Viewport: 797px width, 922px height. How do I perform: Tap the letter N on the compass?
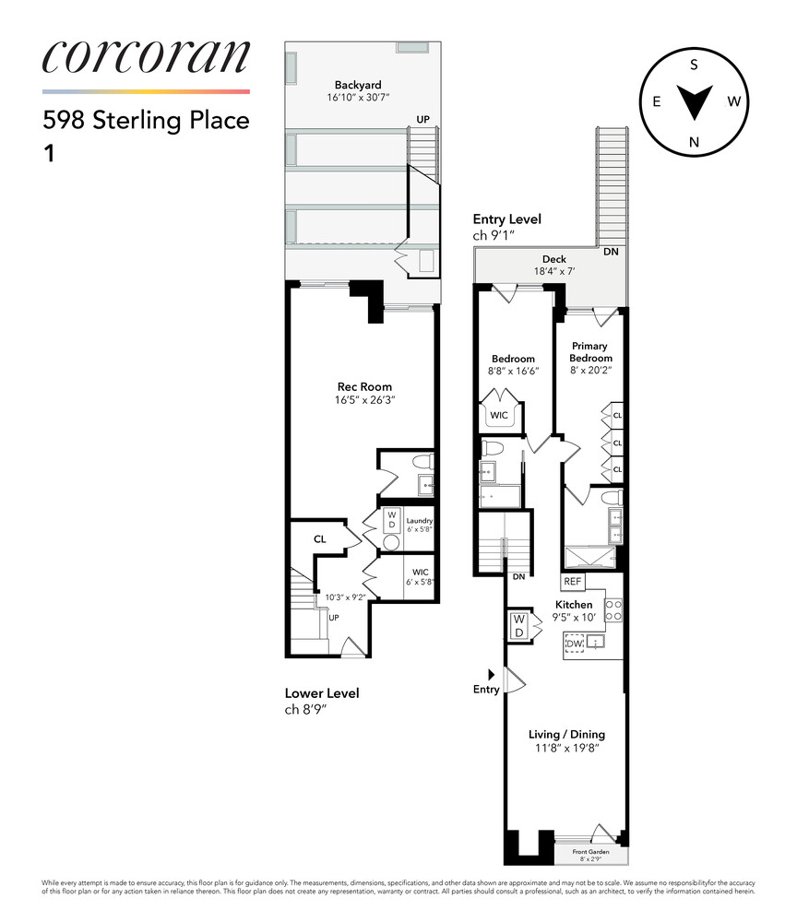coord(694,141)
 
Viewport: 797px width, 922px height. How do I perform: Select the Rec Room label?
coord(363,386)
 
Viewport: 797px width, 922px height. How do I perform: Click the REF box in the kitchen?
coord(573,583)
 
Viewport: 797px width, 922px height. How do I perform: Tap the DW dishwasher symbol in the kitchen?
coord(577,643)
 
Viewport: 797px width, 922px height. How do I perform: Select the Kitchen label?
coord(573,605)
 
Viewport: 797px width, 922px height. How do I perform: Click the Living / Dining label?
coord(566,734)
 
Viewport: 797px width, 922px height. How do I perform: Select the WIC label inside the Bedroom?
coord(499,415)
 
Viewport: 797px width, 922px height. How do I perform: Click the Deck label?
coord(553,259)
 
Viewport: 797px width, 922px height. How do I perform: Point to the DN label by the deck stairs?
coord(610,251)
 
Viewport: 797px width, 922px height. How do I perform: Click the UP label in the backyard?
coord(423,120)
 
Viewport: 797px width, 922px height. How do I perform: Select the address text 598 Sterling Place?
coord(146,121)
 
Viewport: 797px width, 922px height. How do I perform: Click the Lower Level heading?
coord(322,693)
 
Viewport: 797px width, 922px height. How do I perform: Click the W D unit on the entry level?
coord(517,626)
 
